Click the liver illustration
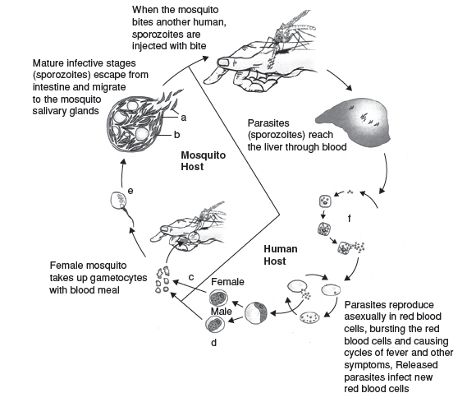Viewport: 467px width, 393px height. [x=355, y=123]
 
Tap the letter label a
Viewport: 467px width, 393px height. [x=184, y=118]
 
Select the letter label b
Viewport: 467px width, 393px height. [x=177, y=135]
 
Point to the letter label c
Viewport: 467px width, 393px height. [x=191, y=278]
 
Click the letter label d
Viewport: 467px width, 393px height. [x=213, y=343]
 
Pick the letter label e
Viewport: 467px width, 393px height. [x=130, y=191]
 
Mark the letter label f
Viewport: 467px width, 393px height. [x=350, y=219]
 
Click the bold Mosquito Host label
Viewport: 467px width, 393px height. [x=203, y=161]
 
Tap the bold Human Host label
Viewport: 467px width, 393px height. [x=280, y=255]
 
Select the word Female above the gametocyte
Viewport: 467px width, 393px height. [x=227, y=282]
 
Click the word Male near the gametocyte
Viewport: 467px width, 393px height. [x=221, y=312]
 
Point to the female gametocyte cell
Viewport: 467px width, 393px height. [x=218, y=298]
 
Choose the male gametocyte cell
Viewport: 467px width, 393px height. [x=215, y=324]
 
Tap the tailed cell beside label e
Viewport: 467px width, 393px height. [x=121, y=206]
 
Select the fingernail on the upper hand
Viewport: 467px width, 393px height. [x=223, y=63]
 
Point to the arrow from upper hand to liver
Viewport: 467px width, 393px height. [x=339, y=80]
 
